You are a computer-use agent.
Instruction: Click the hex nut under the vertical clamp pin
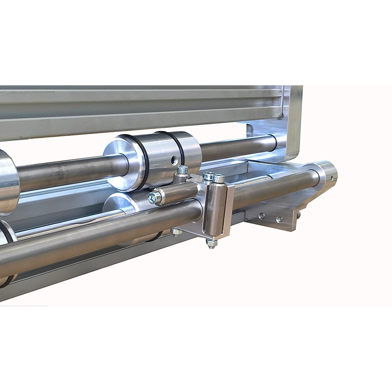(x=211, y=243)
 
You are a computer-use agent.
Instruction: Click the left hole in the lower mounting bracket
(x=262, y=216)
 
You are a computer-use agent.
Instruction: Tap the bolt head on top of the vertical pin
(x=219, y=178)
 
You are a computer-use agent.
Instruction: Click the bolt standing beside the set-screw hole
(x=182, y=170)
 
